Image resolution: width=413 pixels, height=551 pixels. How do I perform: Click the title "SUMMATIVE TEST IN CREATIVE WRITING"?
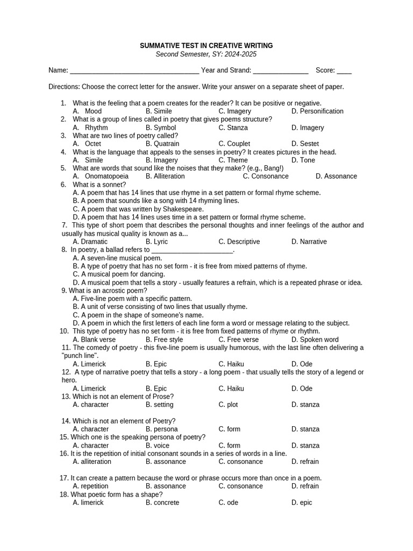click(206, 46)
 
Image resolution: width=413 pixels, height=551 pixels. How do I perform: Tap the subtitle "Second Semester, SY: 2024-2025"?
click(206, 54)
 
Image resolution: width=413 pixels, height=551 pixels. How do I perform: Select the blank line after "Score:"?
click(344, 71)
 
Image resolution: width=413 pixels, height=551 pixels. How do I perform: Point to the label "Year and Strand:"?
click(226, 70)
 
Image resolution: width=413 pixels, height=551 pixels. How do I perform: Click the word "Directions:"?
click(64, 87)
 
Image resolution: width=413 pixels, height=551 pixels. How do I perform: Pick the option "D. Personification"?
click(317, 111)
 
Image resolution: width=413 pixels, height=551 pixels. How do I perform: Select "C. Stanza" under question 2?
click(233, 128)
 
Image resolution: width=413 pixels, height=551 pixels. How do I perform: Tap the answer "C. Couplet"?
click(234, 144)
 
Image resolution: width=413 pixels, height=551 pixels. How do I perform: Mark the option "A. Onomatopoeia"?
click(101, 176)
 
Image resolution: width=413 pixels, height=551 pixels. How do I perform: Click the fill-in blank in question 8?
click(193, 251)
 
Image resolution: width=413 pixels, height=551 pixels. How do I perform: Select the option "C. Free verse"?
click(239, 340)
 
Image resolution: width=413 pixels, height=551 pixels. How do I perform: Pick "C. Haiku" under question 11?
click(231, 364)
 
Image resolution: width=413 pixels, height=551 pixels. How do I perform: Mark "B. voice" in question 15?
click(158, 446)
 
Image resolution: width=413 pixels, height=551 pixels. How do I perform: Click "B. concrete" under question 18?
click(162, 503)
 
